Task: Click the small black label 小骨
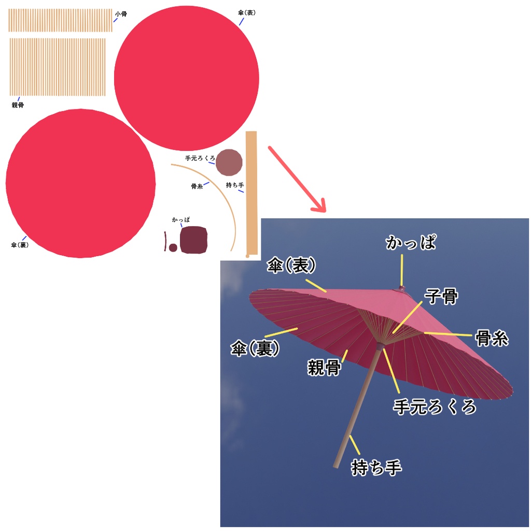pyautogui.click(x=121, y=14)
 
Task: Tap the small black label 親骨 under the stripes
pyautogui.click(x=18, y=105)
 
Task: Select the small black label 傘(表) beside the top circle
pyautogui.click(x=246, y=12)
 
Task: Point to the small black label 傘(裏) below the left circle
pyautogui.click(x=20, y=245)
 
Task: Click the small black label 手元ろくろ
pyautogui.click(x=200, y=158)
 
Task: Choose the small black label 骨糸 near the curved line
pyautogui.click(x=197, y=186)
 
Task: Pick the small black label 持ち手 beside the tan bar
pyautogui.click(x=235, y=185)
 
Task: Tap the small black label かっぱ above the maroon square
pyautogui.click(x=181, y=220)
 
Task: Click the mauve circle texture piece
pyautogui.click(x=229, y=162)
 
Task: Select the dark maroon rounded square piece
pyautogui.click(x=193, y=240)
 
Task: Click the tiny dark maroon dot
pyautogui.click(x=173, y=247)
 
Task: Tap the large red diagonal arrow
pyautogui.click(x=297, y=179)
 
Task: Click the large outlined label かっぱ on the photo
pyautogui.click(x=411, y=243)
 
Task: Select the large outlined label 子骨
pyautogui.click(x=441, y=296)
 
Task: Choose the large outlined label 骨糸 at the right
pyautogui.click(x=492, y=338)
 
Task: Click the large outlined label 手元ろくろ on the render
pyautogui.click(x=435, y=407)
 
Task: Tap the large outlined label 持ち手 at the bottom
pyautogui.click(x=376, y=467)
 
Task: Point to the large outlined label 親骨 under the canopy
pyautogui.click(x=324, y=368)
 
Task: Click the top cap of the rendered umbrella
pyautogui.click(x=401, y=289)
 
